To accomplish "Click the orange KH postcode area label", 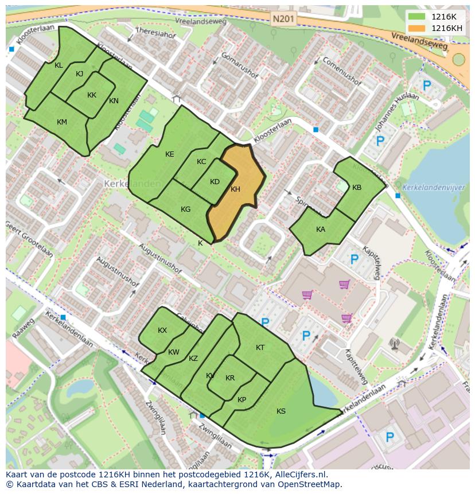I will pos(235,189).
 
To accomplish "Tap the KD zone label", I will pos(215,182).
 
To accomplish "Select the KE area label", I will pos(169,154).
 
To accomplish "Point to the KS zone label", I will pos(281,411).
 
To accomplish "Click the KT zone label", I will pos(260,348).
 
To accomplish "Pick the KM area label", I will pos(62,122).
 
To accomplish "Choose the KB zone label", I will pos(357,188).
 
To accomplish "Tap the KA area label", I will pos(321,230).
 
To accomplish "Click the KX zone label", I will pos(162,330).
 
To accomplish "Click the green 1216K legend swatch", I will pos(417,17).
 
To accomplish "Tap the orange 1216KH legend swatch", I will pos(417,28).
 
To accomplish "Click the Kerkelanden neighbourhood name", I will pos(124,184).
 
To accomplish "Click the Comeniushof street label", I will pos(342,71).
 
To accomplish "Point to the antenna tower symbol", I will pos(394,344).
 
